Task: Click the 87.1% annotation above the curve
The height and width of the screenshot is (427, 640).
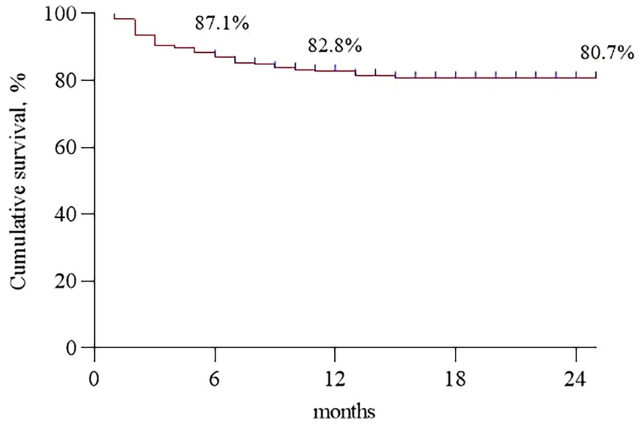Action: (x=222, y=23)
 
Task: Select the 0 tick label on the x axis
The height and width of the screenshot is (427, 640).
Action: (x=94, y=379)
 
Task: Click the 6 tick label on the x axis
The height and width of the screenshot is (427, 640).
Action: (x=215, y=379)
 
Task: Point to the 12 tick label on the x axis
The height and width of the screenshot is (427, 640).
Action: (x=335, y=379)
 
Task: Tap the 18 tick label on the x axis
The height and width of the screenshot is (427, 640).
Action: (x=456, y=379)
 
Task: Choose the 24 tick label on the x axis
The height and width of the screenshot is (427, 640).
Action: (x=576, y=379)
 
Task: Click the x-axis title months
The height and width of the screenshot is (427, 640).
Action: (x=344, y=413)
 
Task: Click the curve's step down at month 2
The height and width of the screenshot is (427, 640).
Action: (x=135, y=27)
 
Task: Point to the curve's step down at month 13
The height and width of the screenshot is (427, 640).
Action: (x=355, y=73)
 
